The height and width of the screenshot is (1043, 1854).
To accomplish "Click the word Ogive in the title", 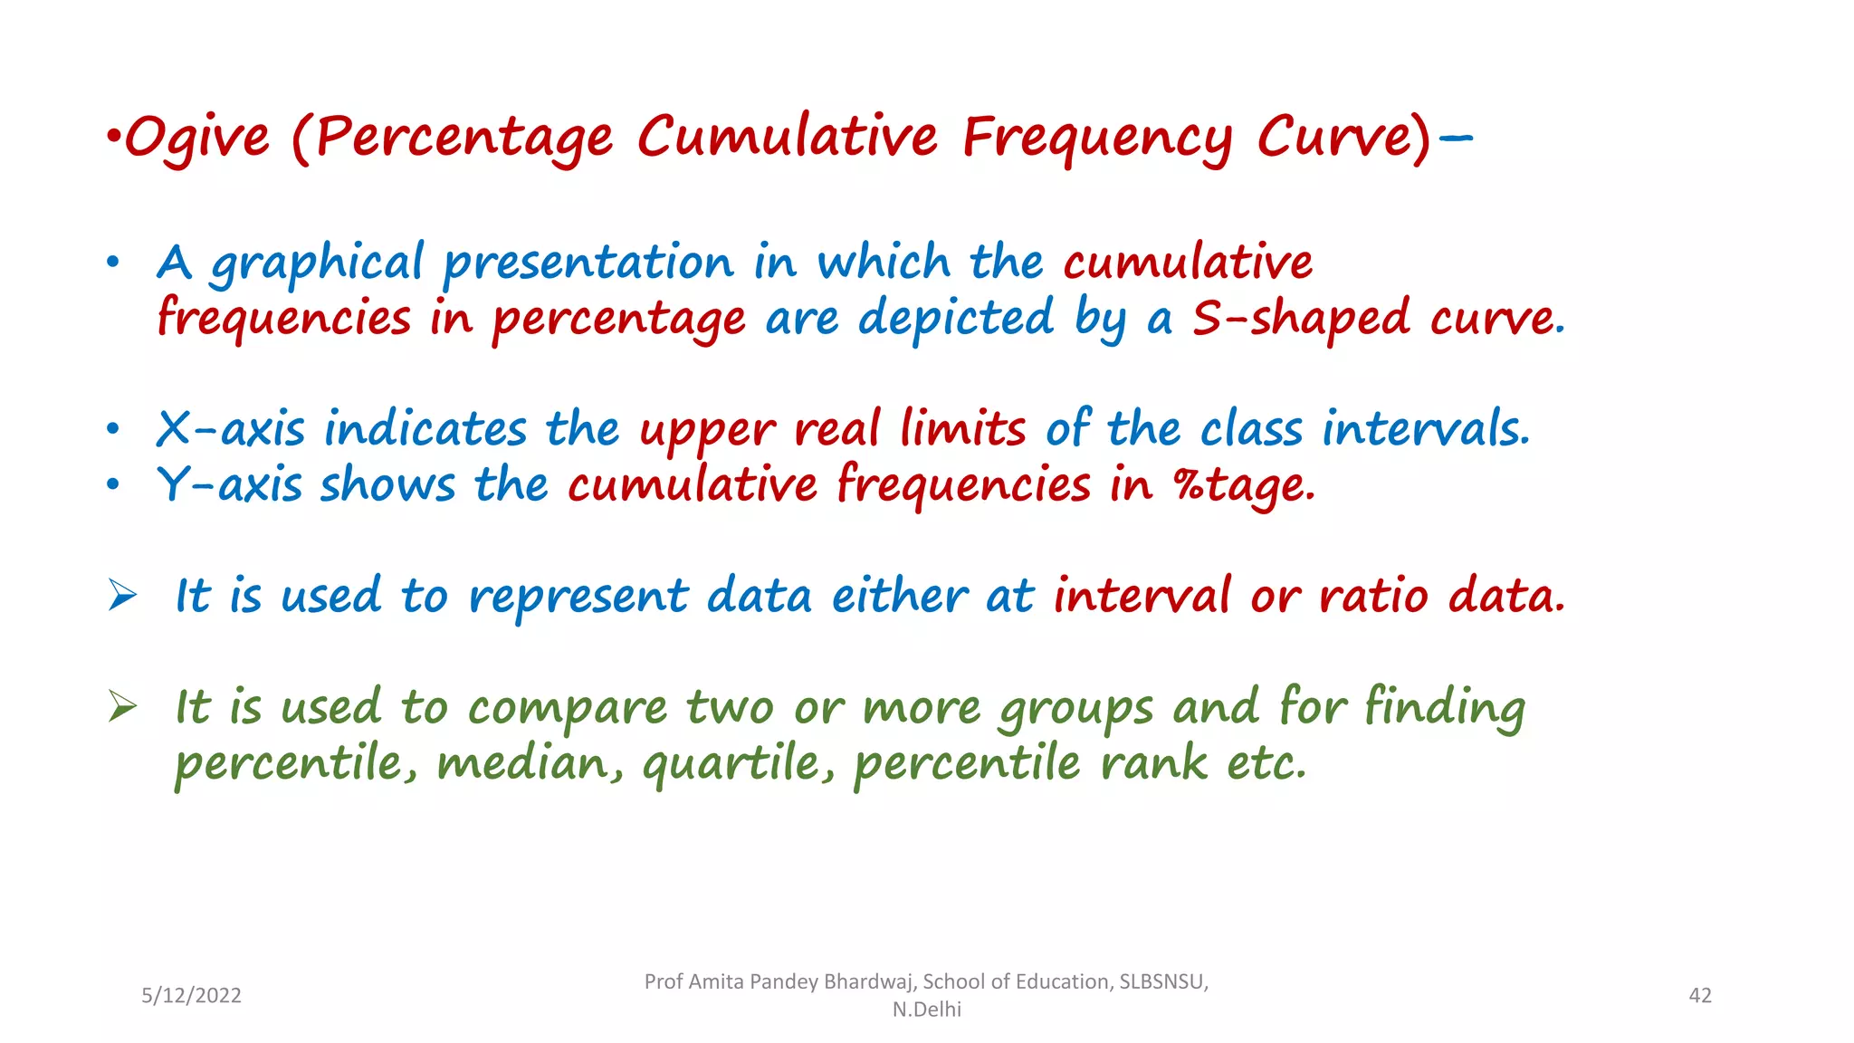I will point(196,139).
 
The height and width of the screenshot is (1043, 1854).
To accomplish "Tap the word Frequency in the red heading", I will point(1096,139).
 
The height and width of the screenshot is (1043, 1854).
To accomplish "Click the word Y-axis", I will point(229,484).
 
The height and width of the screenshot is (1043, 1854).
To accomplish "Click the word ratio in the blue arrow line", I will point(1373,597).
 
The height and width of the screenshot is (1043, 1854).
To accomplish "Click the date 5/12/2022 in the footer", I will point(191,996).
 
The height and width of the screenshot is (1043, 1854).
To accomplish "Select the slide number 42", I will point(1700,996).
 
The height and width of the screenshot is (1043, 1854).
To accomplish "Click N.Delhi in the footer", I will point(926,1010).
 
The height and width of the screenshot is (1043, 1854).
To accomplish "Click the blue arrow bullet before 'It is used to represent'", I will point(122,595).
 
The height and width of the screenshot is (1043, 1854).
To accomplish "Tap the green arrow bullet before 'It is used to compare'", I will point(122,706).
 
